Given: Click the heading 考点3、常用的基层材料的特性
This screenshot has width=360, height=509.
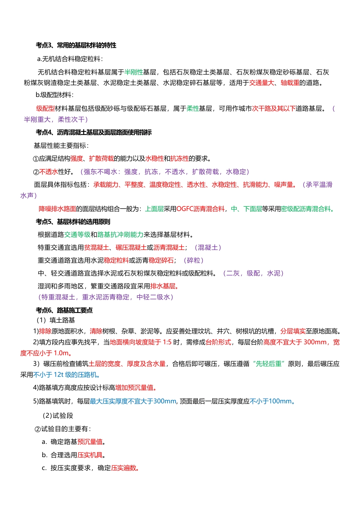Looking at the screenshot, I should click(x=76, y=45).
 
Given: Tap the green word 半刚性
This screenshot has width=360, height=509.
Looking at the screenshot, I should click(x=134, y=72).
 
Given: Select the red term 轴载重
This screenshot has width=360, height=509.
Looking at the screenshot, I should click(x=290, y=83).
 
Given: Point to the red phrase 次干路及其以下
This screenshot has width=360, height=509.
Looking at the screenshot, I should click(x=274, y=109).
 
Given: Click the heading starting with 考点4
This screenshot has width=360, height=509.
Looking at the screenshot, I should click(x=94, y=132).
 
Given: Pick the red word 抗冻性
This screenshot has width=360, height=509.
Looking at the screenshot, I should click(x=180, y=159).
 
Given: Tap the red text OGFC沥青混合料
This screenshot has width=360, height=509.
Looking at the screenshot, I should click(x=200, y=209).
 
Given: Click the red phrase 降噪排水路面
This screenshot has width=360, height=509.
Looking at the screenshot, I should click(x=58, y=209).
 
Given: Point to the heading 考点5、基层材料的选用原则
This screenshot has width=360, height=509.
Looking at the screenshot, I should click(x=73, y=222).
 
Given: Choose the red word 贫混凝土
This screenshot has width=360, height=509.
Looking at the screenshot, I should click(x=96, y=248).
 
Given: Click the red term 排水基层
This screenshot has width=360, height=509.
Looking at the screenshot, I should click(x=163, y=286).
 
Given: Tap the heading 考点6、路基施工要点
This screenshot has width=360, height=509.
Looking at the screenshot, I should click(x=64, y=310).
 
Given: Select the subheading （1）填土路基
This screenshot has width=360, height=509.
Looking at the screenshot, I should click(x=56, y=320).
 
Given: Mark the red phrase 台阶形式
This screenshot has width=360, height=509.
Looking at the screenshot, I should click(x=218, y=342).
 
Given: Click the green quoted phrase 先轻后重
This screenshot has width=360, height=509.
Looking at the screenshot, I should click(x=269, y=364).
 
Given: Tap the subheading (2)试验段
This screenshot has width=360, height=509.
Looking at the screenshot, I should click(x=58, y=416).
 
